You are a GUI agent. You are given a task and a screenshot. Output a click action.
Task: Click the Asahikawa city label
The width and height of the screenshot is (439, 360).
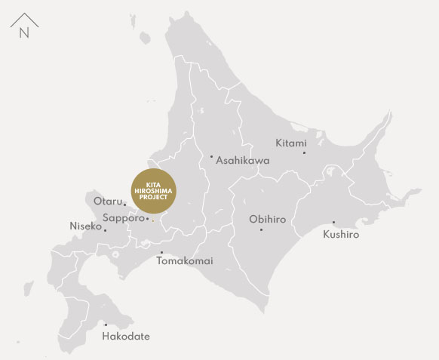(x=242, y=161)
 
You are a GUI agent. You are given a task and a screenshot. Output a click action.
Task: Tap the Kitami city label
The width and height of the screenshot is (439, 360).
(x=290, y=143)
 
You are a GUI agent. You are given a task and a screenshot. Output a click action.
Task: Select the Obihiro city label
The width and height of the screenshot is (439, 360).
(x=267, y=220)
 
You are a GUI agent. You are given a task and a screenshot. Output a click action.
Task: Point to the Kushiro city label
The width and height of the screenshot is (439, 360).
(x=341, y=235)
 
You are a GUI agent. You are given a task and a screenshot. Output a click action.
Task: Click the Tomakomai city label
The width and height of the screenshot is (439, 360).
(x=185, y=261)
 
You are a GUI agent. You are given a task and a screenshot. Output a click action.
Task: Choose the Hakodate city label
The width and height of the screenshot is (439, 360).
(x=126, y=336)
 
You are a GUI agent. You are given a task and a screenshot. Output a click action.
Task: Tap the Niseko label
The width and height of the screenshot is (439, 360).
(x=84, y=226)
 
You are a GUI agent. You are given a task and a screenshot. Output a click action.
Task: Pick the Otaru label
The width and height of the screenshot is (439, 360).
(x=108, y=201)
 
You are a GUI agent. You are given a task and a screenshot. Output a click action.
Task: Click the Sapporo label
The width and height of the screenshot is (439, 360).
(x=122, y=217)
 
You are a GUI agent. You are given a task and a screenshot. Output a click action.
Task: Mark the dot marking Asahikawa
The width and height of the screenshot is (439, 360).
(x=211, y=156)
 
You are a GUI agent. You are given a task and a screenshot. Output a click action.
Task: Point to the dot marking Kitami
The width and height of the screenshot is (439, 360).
(x=305, y=152)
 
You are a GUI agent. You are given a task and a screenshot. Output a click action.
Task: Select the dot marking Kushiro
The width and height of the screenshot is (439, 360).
(x=333, y=222)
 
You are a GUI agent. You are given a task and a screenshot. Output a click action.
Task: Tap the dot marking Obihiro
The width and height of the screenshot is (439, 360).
(x=261, y=229)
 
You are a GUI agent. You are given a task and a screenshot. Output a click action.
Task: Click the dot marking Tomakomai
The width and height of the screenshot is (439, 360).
(x=161, y=252)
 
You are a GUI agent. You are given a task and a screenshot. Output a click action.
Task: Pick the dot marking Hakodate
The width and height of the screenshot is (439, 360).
(x=106, y=325)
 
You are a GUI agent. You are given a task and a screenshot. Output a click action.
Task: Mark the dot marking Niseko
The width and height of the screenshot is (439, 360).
(x=105, y=229)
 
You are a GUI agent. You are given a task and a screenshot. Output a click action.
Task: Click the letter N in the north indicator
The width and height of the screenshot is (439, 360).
(x=24, y=32)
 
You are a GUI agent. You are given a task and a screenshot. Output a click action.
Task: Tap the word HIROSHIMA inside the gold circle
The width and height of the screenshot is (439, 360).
(x=152, y=189)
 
